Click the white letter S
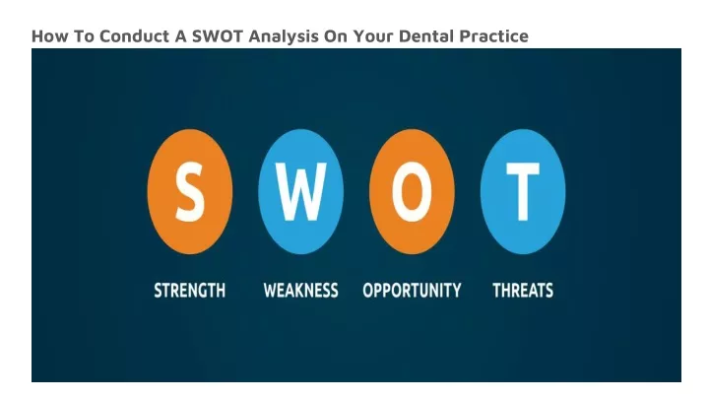click(190, 192)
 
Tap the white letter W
click(300, 192)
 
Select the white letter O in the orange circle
click(412, 192)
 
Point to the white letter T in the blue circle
click(523, 192)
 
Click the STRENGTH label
click(189, 291)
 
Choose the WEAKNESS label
click(300, 291)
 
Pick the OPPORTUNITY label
click(412, 291)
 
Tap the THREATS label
click(523, 291)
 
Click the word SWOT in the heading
click(218, 35)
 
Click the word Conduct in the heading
click(134, 35)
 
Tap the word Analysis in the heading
click(284, 36)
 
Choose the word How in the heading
click(49, 35)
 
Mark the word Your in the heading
click(373, 35)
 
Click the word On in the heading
click(335, 35)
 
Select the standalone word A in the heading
click(180, 35)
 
